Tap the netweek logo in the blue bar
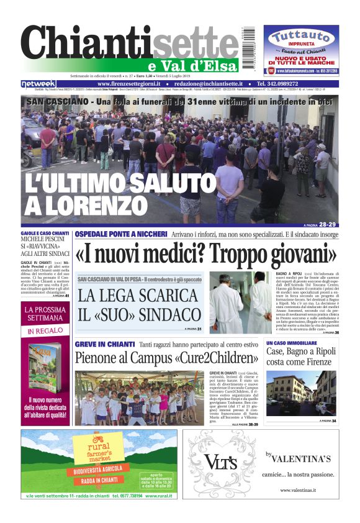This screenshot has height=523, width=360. (x=38, y=84)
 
